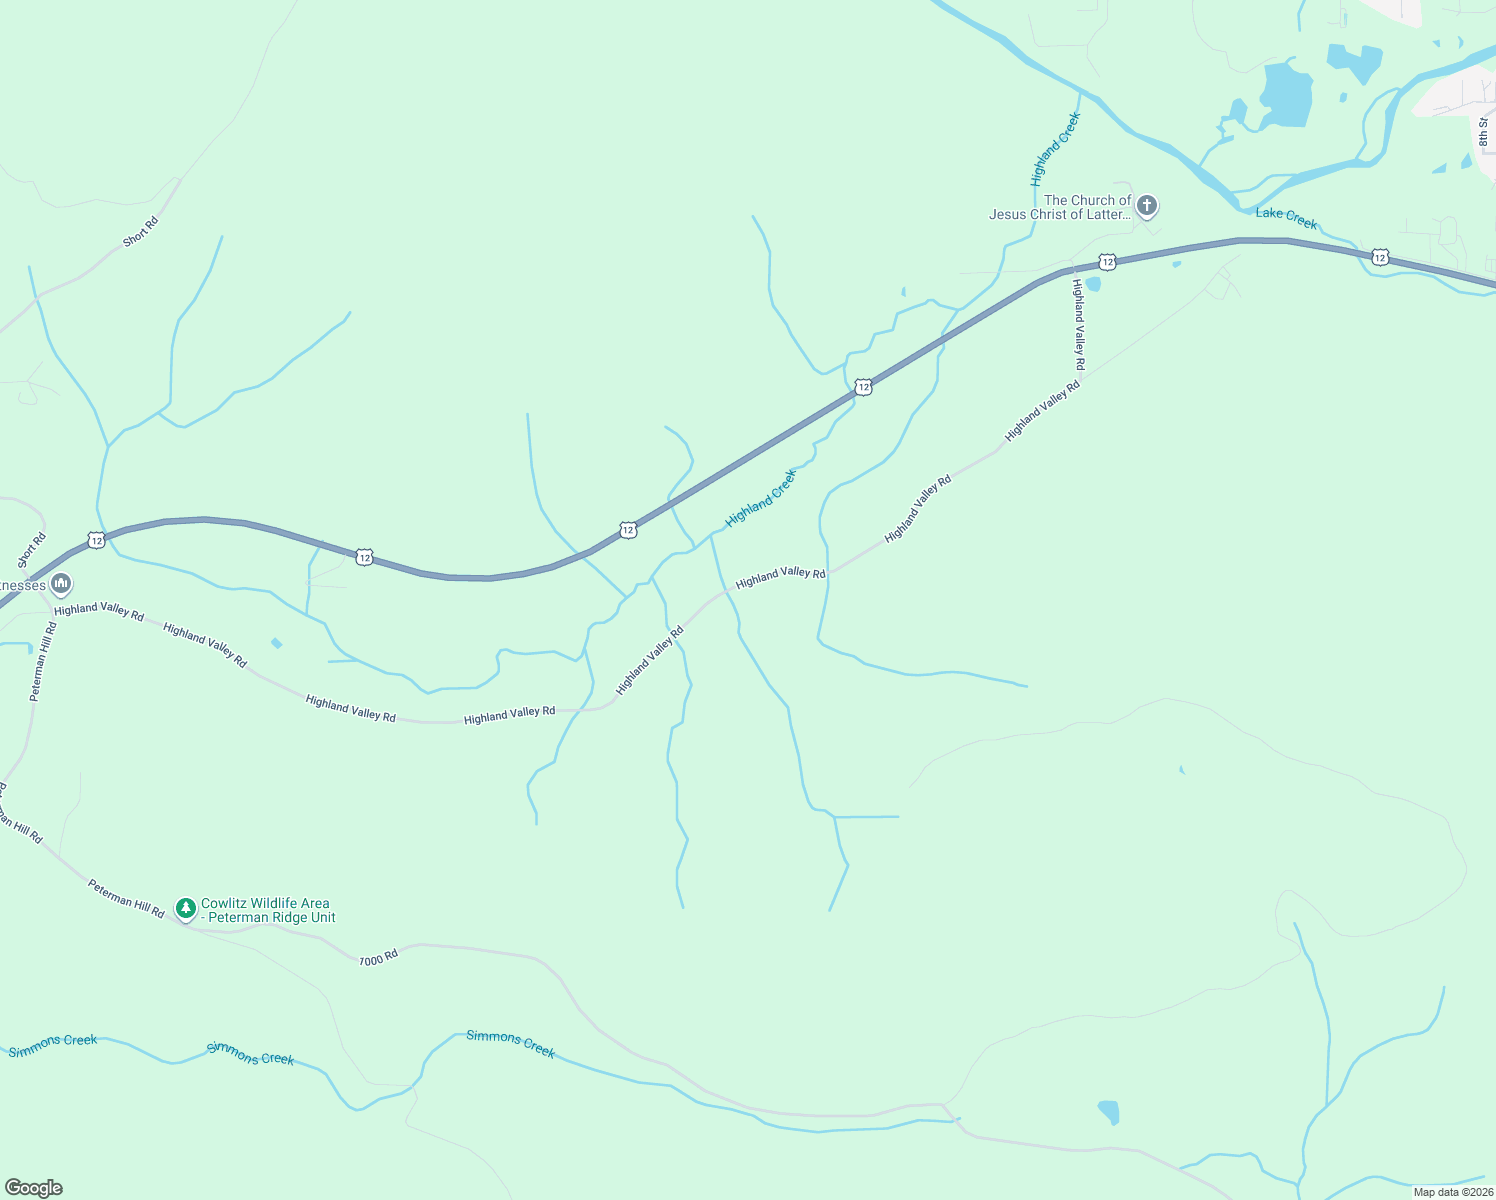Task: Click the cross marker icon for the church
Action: tap(1147, 207)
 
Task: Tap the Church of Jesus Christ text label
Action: tap(1060, 207)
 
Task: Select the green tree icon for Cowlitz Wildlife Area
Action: tap(185, 908)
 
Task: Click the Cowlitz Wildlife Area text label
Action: tap(268, 910)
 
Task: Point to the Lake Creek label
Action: tap(1286, 218)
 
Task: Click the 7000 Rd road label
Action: tap(378, 957)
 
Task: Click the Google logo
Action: tap(34, 1188)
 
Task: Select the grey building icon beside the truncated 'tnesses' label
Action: tap(61, 583)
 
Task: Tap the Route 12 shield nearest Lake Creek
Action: tap(1380, 258)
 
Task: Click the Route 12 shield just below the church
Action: tap(1107, 262)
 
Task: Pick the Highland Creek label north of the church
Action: tap(1056, 150)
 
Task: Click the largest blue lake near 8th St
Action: tap(1286, 96)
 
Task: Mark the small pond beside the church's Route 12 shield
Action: tap(1093, 284)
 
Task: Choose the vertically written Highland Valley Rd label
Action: tap(1078, 325)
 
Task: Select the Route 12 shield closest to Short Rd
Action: tap(95, 540)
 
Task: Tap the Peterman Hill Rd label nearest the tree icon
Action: tap(125, 899)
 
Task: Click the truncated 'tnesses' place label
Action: tap(23, 585)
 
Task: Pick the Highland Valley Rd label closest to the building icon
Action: tap(99, 610)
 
